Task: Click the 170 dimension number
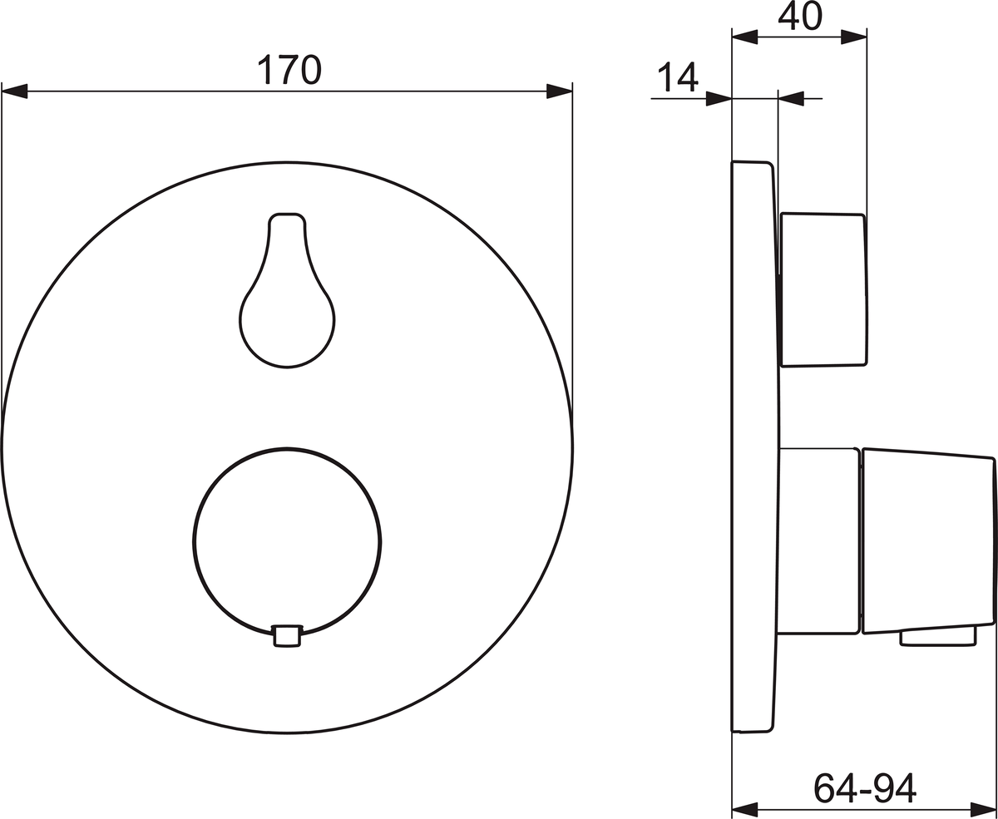pyautogui.click(x=289, y=70)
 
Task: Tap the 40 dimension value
pyautogui.click(x=800, y=17)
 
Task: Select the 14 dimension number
pyautogui.click(x=678, y=77)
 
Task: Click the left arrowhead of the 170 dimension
pyautogui.click(x=14, y=91)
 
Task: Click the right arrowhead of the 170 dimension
pyautogui.click(x=560, y=91)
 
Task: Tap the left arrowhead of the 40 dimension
pyautogui.click(x=745, y=37)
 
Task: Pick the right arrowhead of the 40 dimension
pyautogui.click(x=853, y=37)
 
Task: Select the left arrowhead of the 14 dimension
pyautogui.click(x=719, y=98)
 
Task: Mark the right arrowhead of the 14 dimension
pyautogui.click(x=791, y=98)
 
